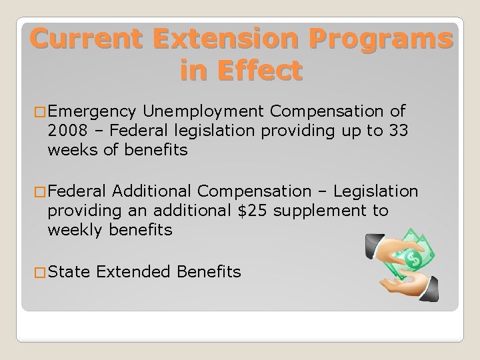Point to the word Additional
(155, 191)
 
